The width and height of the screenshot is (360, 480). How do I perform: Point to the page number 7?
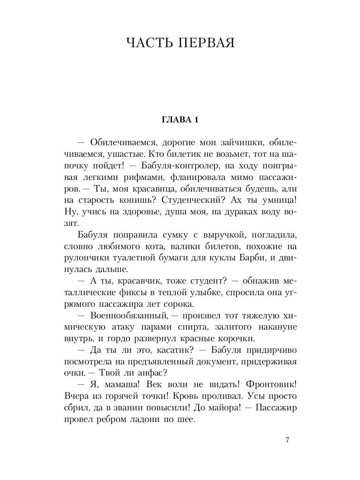click(287, 440)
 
